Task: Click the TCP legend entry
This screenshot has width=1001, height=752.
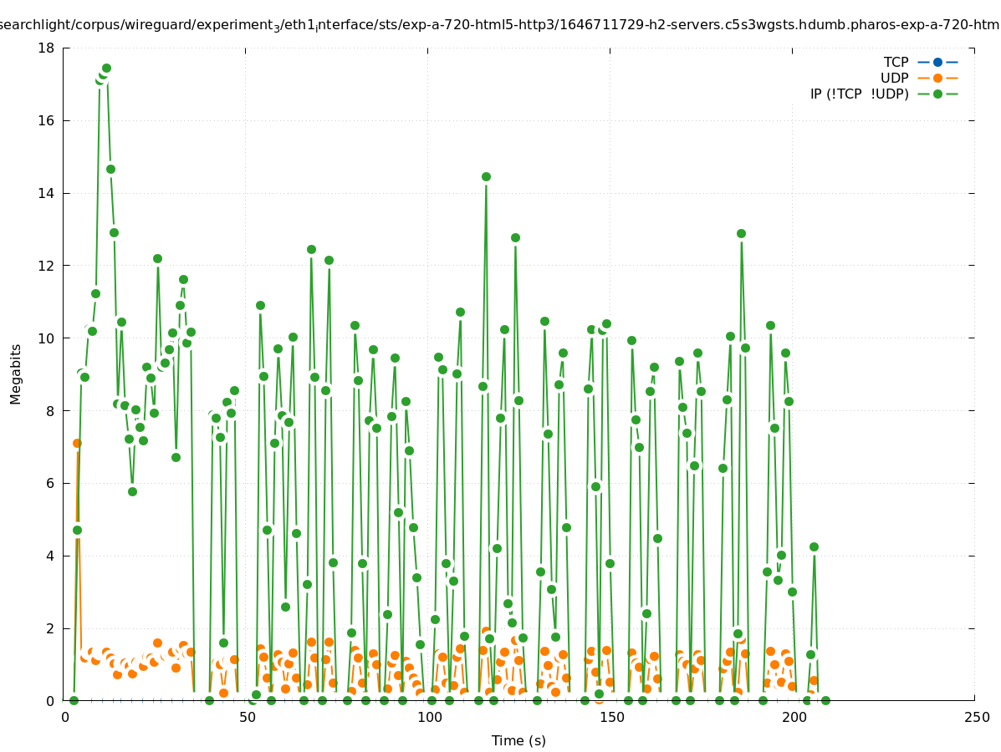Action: [896, 62]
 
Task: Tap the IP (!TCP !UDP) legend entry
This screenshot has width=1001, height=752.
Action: [859, 94]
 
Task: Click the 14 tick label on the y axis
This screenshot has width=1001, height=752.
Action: [49, 193]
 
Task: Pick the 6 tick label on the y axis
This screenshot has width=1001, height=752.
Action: [52, 483]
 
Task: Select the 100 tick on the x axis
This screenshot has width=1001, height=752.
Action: [429, 717]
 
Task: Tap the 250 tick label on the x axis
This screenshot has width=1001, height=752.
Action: [975, 717]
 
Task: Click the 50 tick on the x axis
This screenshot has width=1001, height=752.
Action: [247, 717]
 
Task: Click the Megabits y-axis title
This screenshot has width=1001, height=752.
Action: [16, 373]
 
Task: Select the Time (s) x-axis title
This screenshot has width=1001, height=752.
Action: [518, 740]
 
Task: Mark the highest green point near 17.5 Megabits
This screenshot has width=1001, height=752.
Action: [106, 68]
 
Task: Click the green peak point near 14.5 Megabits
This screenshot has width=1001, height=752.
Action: [486, 176]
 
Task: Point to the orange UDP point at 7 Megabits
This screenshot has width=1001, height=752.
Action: [77, 443]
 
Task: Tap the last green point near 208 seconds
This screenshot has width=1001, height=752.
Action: [825, 700]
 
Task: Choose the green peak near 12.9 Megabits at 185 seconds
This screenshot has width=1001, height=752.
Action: [741, 233]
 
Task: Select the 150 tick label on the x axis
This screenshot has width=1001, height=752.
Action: [611, 717]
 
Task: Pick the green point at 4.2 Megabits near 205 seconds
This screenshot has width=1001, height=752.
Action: [814, 546]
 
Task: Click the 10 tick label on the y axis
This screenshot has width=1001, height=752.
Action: [49, 338]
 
